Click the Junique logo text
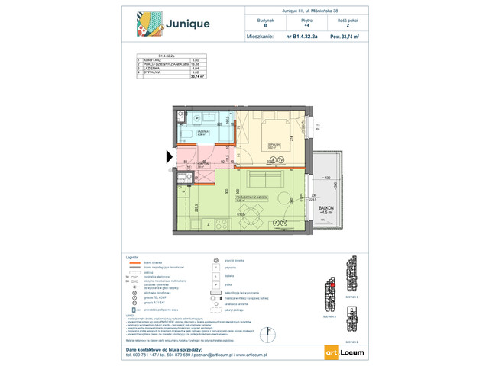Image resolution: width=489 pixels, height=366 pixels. coord(183,24)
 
